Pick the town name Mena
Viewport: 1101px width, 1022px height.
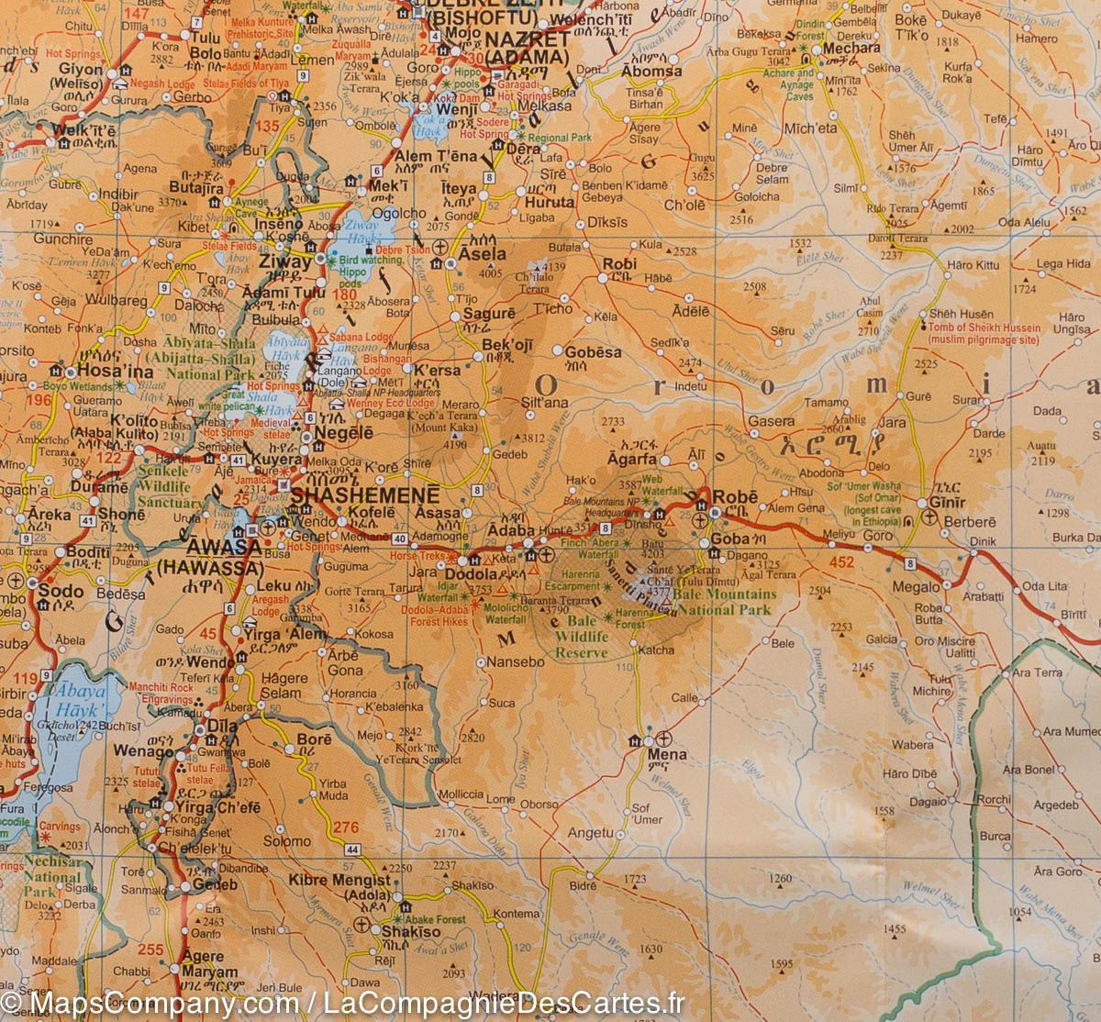pos(667,756)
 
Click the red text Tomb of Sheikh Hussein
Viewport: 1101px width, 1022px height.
pos(984,333)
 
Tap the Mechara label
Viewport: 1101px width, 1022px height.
pos(851,48)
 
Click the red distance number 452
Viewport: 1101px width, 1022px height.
pos(840,562)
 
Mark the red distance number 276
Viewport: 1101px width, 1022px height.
pos(345,828)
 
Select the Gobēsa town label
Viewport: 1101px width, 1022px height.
pos(588,351)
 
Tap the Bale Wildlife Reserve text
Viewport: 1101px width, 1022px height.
pos(581,638)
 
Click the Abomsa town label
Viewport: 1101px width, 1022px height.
pos(651,71)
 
